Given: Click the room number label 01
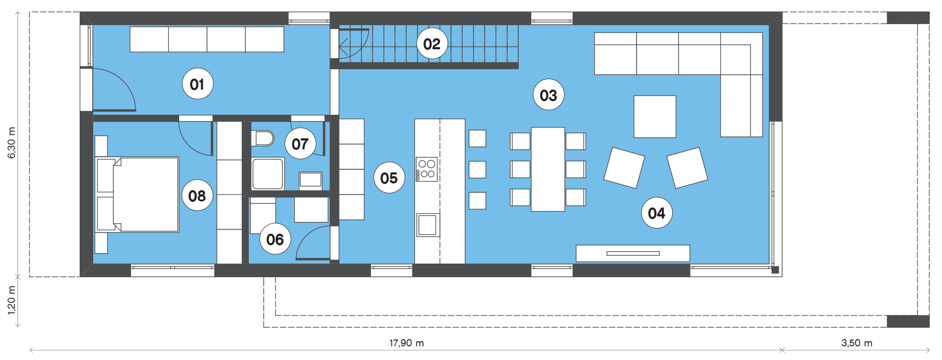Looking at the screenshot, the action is tap(198, 84).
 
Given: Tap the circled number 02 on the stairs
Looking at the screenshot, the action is tap(432, 43).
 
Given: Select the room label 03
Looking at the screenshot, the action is tap(549, 95).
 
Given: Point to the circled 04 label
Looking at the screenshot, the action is tap(656, 213).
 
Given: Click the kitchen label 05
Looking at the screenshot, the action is tap(389, 178).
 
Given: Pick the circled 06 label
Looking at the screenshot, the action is tap(275, 239).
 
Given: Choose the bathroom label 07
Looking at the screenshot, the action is tap(300, 144).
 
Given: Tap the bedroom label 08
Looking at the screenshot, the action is tap(198, 195).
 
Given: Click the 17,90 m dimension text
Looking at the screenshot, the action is tap(407, 343).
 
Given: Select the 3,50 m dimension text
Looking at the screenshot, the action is tap(857, 343).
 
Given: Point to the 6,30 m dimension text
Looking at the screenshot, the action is tap(12, 142).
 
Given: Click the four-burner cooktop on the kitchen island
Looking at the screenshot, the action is tap(426, 169).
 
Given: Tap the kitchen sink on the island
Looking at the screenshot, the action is tap(428, 225).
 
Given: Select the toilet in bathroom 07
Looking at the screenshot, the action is tap(263, 139).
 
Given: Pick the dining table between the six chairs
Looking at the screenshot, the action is tap(548, 169).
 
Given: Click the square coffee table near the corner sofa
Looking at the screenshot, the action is tap(655, 116).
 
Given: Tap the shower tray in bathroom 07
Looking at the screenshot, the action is tap(268, 173).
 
